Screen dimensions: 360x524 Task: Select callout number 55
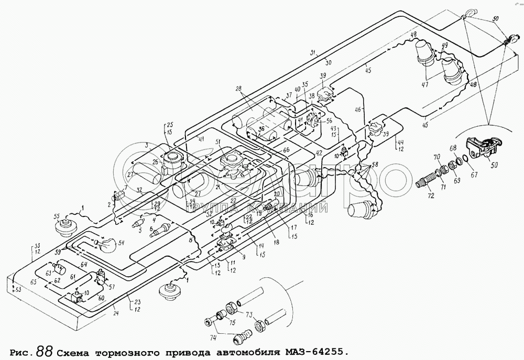click(57, 216)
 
